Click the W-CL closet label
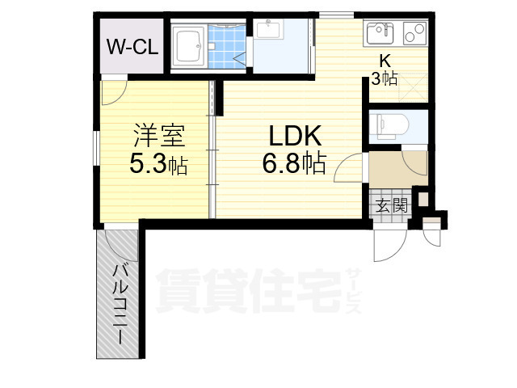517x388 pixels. click(132, 47)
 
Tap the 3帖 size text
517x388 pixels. click(385, 78)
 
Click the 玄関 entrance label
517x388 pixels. click(390, 205)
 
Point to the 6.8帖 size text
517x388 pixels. click(292, 164)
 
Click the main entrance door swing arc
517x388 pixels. click(388, 242)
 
